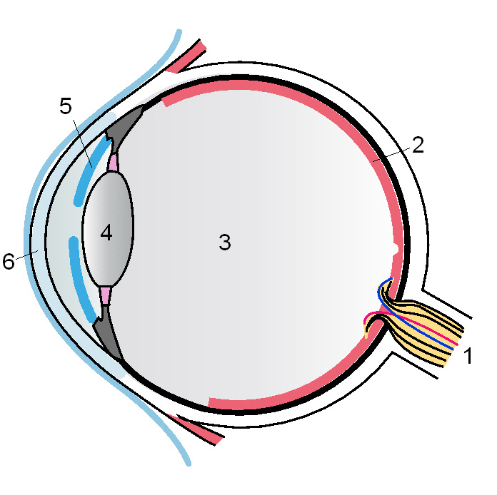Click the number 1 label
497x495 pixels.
click(x=468, y=356)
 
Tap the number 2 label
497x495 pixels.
click(x=418, y=145)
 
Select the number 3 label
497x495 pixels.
click(x=225, y=243)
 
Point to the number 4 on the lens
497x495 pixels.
click(x=106, y=233)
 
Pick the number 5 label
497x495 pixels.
click(x=66, y=107)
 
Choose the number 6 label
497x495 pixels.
click(x=9, y=262)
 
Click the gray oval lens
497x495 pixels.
click(x=118, y=214)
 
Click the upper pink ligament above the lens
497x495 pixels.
click(x=112, y=163)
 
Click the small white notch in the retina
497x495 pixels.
click(x=395, y=249)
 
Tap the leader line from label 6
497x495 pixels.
click(x=26, y=255)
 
